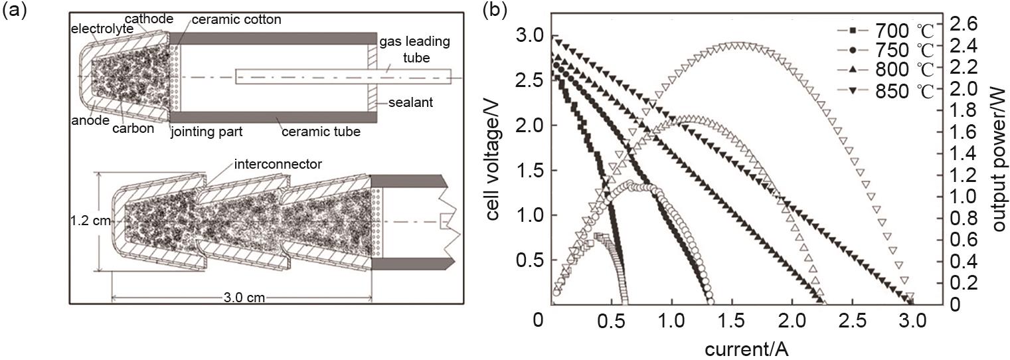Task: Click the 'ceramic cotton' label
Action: (x=236, y=20)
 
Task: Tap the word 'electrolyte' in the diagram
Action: (x=102, y=29)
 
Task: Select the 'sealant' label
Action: (x=410, y=102)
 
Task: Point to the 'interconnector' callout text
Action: (x=278, y=164)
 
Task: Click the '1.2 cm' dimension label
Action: (x=90, y=221)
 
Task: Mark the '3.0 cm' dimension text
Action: (x=244, y=298)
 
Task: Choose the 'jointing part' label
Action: (x=207, y=132)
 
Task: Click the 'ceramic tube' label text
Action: (x=321, y=132)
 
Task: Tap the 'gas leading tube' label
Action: (x=415, y=49)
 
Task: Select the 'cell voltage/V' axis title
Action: (x=493, y=159)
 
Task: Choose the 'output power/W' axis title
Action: (x=999, y=159)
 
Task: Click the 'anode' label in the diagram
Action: (x=90, y=120)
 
